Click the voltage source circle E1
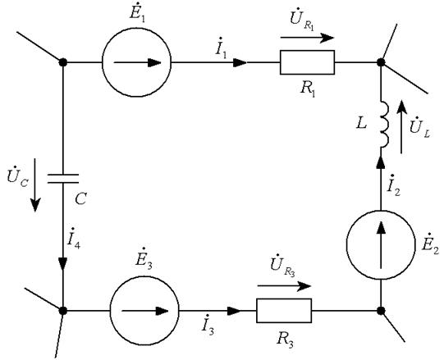pyautogui.click(x=136, y=29)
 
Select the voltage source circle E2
pyautogui.click(x=381, y=211)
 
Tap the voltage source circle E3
pyautogui.click(x=144, y=276)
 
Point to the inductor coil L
pyautogui.click(x=386, y=123)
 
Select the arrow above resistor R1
pyautogui.click(x=307, y=38)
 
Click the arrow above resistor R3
pyautogui.click(x=284, y=286)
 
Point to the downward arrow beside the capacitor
pyautogui.click(x=35, y=185)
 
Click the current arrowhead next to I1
pyautogui.click(x=240, y=62)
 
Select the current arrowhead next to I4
pyautogui.click(x=62, y=264)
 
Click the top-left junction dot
pyautogui.click(x=63, y=62)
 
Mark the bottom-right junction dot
pyautogui.click(x=381, y=311)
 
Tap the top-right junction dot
pyautogui.click(x=381, y=62)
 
